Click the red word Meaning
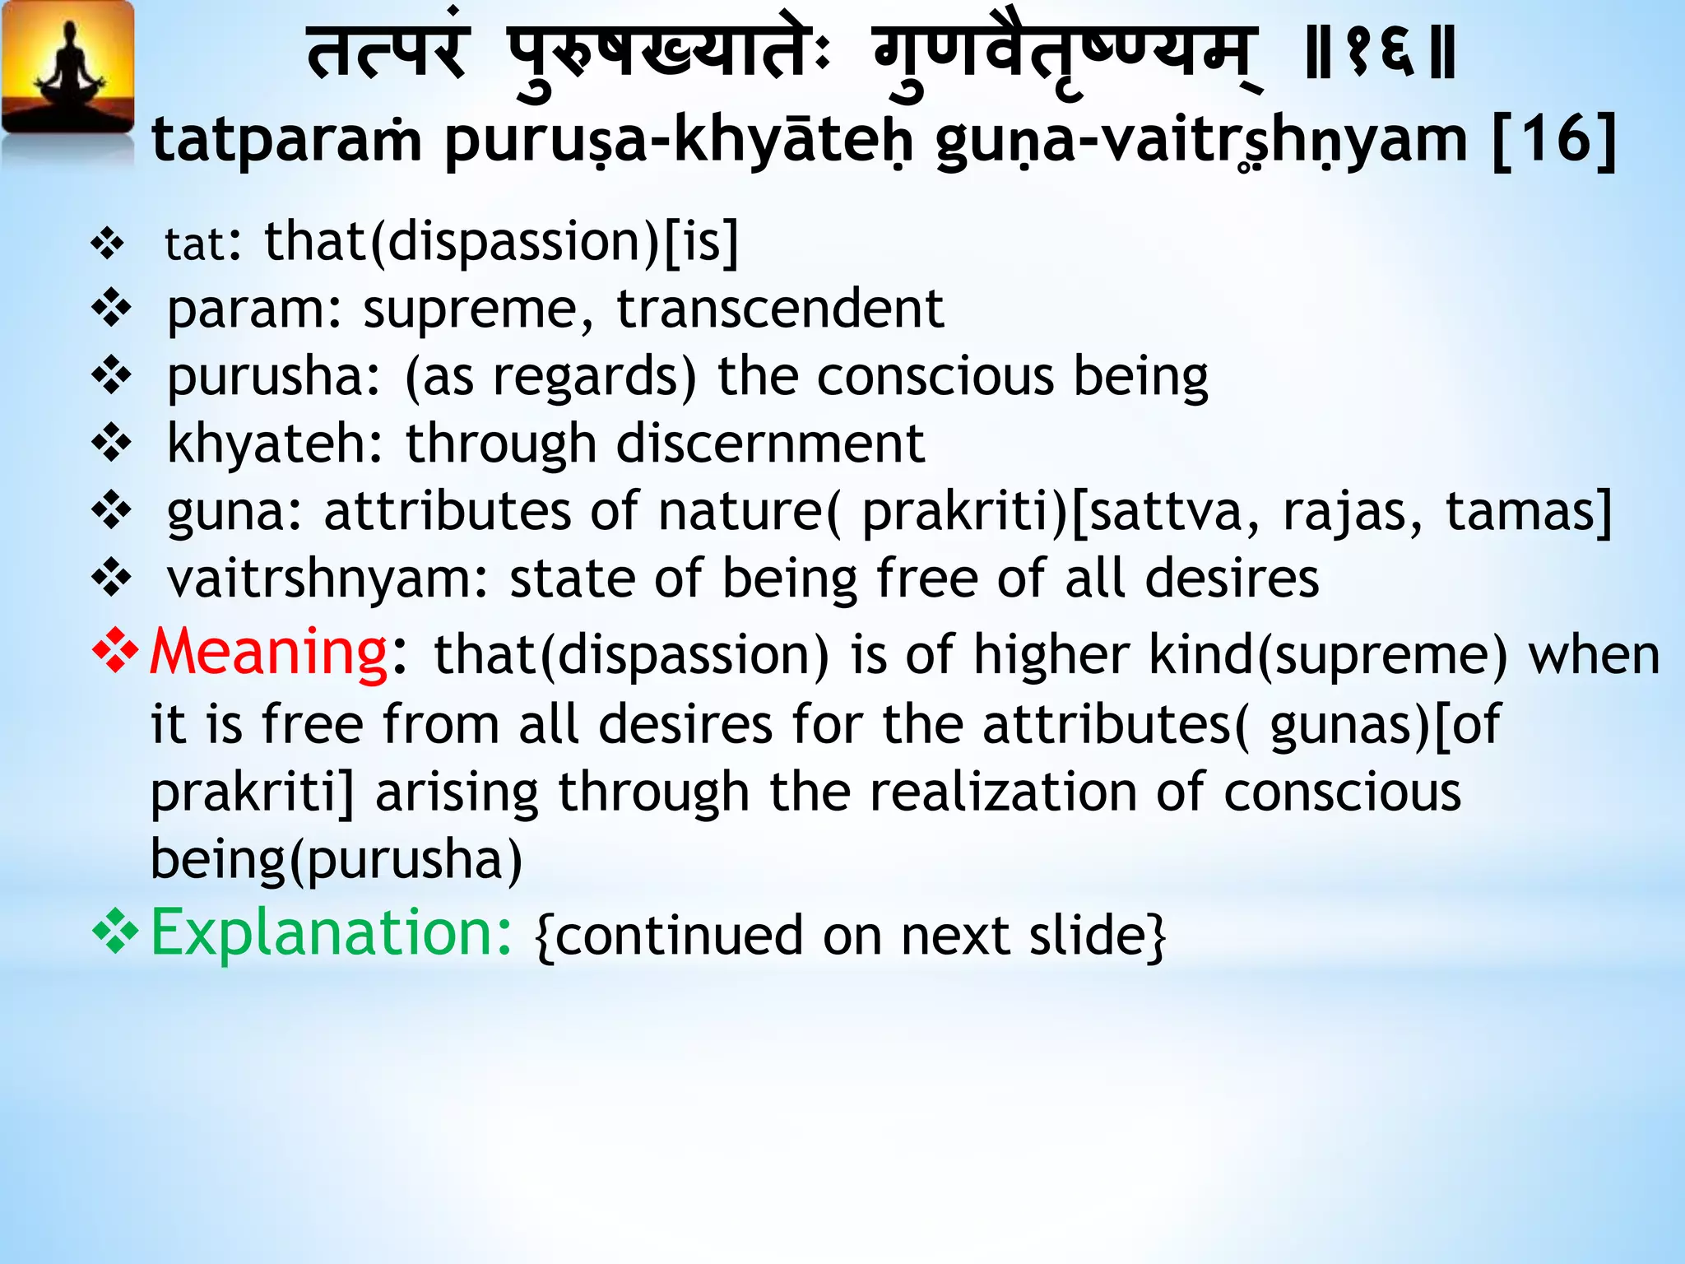pos(268,652)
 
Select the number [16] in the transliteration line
pos(1554,140)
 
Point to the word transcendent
pos(779,309)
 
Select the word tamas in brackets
pos(1520,511)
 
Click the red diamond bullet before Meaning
pos(115,650)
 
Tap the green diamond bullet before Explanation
pos(115,932)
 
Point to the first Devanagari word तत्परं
pos(387,54)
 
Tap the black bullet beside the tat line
pos(108,244)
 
